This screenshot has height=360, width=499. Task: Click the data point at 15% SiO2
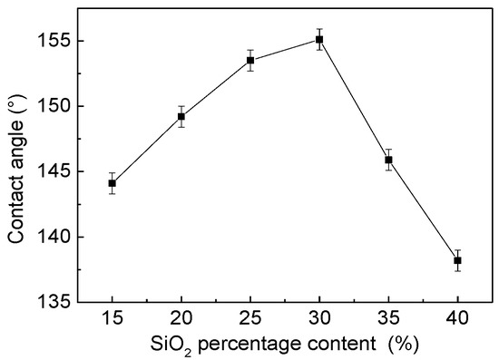coord(112,183)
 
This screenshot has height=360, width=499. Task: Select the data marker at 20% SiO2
coord(181,116)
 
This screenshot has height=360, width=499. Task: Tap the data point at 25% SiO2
coord(250,61)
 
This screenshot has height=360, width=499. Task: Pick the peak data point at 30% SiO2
coord(319,39)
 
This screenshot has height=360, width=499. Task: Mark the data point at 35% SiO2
coord(388,160)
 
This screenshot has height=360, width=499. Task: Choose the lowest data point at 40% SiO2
coord(458,260)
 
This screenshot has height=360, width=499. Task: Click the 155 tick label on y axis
coord(53,41)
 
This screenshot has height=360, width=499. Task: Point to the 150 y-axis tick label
coord(53,106)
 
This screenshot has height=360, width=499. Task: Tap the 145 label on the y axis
coord(53,171)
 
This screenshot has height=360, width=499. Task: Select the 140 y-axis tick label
coord(53,237)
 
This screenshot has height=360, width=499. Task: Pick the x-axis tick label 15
coord(112,319)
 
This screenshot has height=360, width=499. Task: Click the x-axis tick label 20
coord(181,319)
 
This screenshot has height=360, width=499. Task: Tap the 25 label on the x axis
coord(250,319)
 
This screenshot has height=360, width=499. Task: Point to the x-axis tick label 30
coord(319,319)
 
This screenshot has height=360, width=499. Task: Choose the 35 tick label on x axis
coord(388,319)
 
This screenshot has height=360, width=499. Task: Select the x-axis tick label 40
coord(458,319)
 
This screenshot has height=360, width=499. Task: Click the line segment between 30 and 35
coord(354,100)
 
